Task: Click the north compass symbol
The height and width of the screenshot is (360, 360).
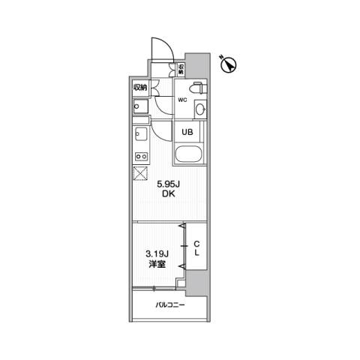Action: click(x=229, y=65)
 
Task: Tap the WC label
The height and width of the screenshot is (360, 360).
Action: click(x=182, y=100)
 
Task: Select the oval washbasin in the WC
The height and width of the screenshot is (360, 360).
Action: click(x=200, y=109)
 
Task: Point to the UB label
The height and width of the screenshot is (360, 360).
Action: click(x=187, y=132)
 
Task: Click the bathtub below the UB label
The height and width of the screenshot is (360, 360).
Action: click(x=188, y=154)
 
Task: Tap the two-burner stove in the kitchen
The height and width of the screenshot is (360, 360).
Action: click(x=141, y=157)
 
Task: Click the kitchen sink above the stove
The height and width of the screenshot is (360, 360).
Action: click(x=141, y=134)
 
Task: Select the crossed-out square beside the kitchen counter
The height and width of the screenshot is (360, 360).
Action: click(x=140, y=173)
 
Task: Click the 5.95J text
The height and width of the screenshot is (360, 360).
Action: click(x=169, y=184)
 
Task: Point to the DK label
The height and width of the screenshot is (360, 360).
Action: click(x=169, y=193)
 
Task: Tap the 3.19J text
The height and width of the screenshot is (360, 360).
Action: click(x=157, y=254)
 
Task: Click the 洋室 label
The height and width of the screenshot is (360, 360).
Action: click(x=157, y=264)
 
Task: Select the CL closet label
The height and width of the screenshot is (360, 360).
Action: click(x=197, y=248)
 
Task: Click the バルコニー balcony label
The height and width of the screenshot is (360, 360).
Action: click(x=170, y=305)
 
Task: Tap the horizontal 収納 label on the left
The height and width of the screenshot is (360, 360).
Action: click(x=140, y=88)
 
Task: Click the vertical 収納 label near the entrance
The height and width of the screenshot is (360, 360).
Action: click(x=181, y=69)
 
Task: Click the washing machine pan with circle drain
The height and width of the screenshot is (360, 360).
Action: click(x=140, y=106)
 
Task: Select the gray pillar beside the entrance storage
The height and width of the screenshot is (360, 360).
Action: click(x=197, y=65)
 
